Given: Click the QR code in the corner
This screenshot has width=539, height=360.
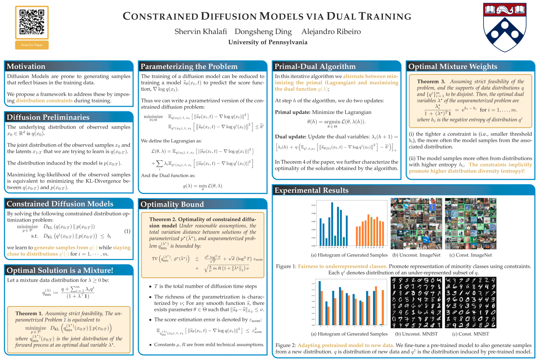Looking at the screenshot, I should [32, 22].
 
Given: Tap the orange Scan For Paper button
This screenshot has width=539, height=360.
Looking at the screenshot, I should [32, 45].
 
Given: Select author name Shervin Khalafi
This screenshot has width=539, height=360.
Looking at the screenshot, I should [200, 31].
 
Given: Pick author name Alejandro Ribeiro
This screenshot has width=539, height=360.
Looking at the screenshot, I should [331, 31].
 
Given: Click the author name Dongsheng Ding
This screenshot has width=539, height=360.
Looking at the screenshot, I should [263, 31].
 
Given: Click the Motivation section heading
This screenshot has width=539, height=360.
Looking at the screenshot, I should [26, 66].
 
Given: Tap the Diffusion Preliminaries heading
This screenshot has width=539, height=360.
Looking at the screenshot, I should [48, 117].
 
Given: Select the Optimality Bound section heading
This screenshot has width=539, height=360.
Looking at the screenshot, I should [172, 204].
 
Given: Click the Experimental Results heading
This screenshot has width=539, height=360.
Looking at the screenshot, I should [311, 190].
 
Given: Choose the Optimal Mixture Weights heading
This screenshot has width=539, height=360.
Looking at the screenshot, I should [453, 66].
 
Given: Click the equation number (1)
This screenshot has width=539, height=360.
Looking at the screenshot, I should [127, 231].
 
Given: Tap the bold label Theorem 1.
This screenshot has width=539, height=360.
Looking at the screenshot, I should [29, 313].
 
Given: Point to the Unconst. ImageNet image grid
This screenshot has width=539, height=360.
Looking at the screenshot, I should [416, 224].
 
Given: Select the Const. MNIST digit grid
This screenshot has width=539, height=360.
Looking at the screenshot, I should [471, 302].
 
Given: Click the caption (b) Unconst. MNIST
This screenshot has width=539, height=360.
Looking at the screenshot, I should [416, 334].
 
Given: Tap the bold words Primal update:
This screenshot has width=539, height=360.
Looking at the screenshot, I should [293, 112].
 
